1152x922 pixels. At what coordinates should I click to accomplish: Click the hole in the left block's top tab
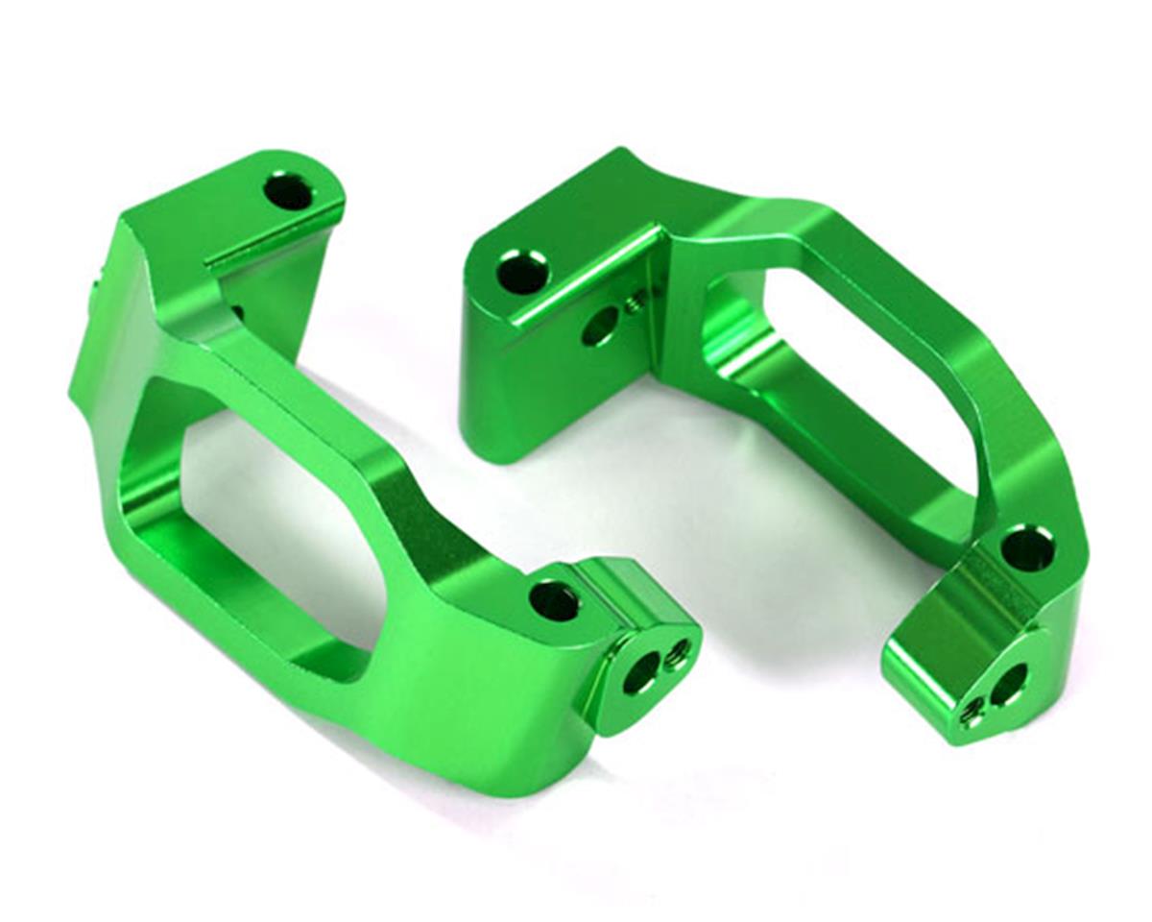288,193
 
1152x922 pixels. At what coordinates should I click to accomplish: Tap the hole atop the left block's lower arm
554,601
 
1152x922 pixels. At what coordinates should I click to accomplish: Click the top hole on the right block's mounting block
522,273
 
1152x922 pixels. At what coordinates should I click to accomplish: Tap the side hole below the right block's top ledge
598,328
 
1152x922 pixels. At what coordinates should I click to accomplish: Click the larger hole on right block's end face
1008,684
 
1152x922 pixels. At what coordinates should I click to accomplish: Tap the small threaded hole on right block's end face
973,715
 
